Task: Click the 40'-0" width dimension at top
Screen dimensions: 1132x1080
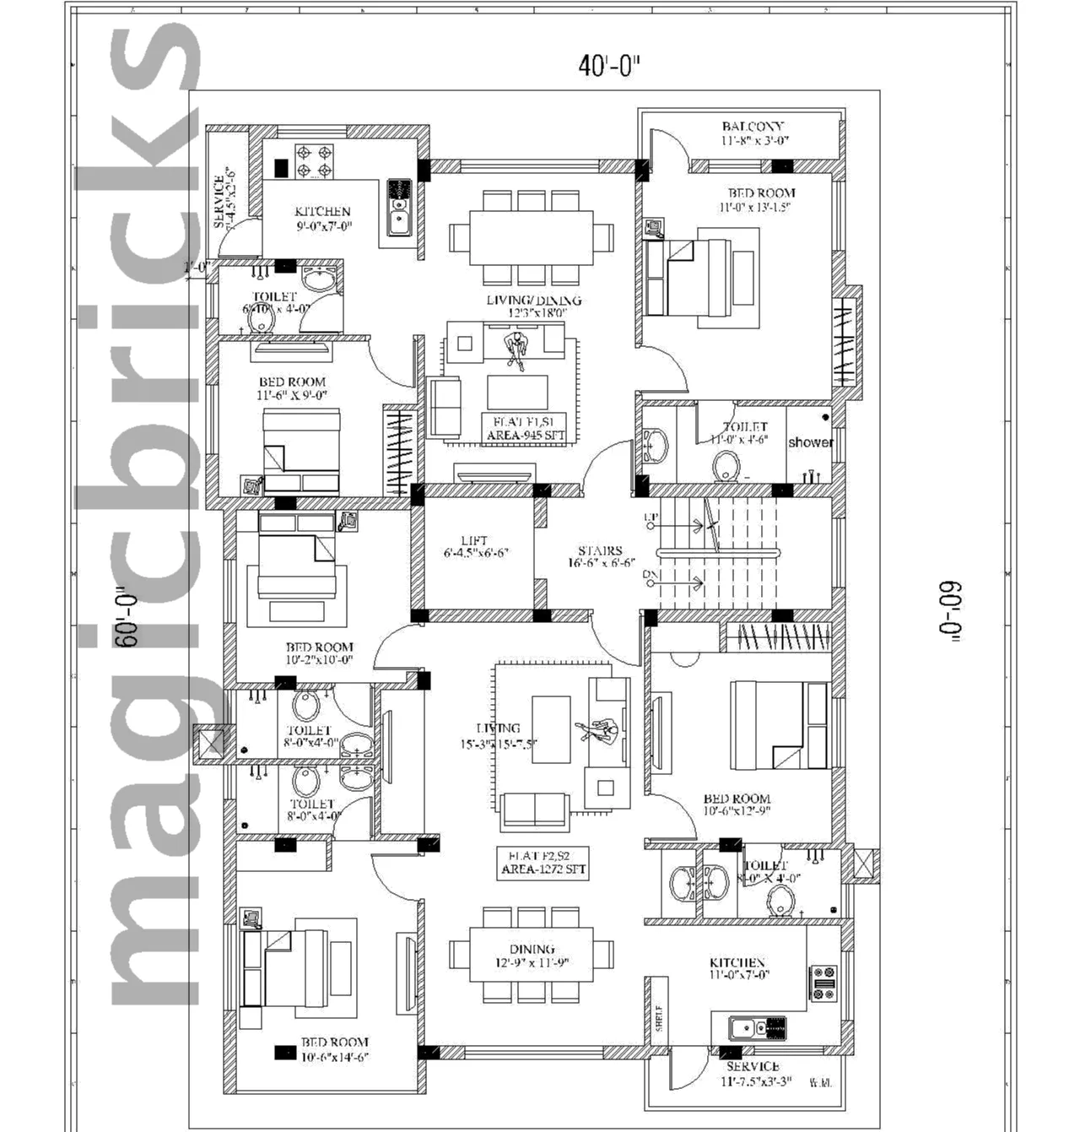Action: click(609, 66)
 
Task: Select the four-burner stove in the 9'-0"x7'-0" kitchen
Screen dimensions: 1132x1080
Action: click(314, 161)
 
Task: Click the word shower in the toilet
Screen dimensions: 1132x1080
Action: click(810, 442)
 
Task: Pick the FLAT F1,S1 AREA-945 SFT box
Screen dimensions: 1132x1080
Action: click(524, 428)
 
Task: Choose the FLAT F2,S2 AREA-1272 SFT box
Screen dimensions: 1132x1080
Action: click(543, 863)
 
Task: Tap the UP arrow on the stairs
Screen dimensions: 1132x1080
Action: click(675, 525)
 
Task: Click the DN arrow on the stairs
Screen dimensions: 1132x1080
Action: click(675, 582)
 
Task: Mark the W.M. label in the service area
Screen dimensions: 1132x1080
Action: click(819, 1082)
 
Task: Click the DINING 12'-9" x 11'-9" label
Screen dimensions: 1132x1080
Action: click(532, 956)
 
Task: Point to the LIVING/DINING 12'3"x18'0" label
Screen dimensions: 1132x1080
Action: click(533, 306)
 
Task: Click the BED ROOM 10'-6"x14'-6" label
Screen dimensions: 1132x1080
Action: click(334, 1049)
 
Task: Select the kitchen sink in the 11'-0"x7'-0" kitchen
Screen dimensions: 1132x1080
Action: click(743, 1028)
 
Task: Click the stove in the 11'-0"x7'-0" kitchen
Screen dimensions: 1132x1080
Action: click(823, 983)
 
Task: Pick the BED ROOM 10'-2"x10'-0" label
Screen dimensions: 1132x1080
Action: click(319, 653)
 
